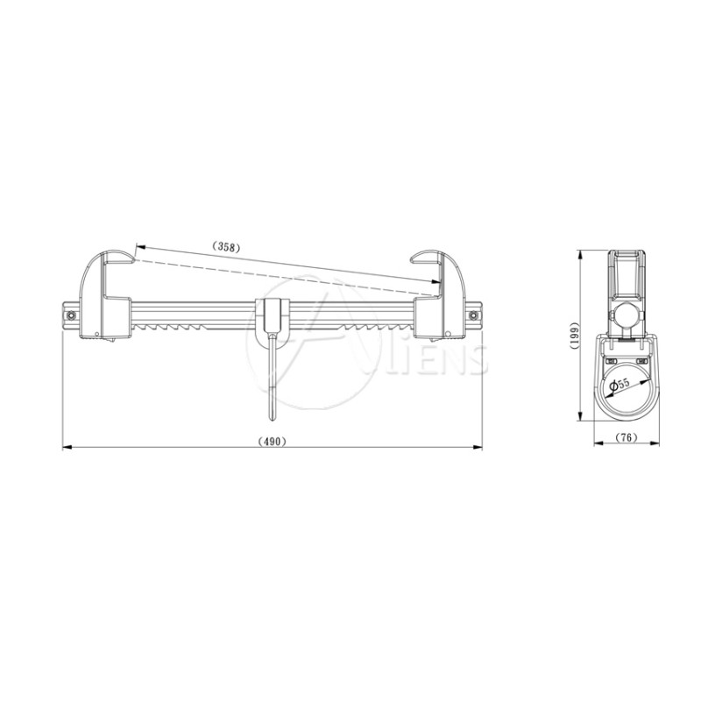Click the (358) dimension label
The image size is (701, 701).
point(226,246)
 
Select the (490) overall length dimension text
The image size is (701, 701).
point(273,441)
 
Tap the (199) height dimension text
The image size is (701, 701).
point(575,335)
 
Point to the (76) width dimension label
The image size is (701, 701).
point(627,437)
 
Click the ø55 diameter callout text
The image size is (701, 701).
point(620,384)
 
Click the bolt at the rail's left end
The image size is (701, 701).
point(71,316)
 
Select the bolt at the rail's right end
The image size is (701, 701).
point(473,315)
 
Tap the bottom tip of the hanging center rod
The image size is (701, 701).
point(273,420)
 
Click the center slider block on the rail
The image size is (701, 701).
point(273,315)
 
